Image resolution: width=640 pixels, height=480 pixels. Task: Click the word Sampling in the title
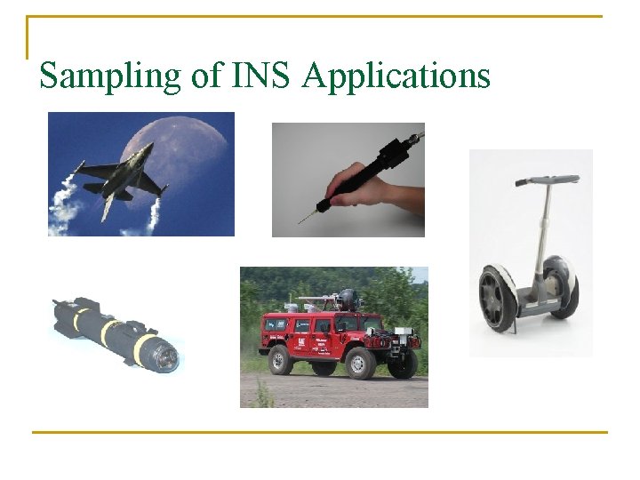(110, 76)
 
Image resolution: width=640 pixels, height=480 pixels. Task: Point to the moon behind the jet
(178, 147)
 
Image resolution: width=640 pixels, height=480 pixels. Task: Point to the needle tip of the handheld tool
(302, 220)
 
